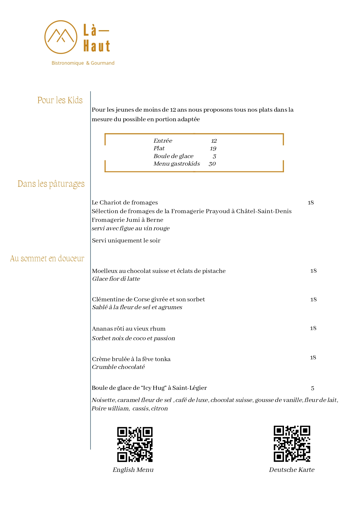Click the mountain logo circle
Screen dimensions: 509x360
(61, 37)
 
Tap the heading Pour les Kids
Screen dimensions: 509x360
(60, 100)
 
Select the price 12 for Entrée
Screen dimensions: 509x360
(214, 141)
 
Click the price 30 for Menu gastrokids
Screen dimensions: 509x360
(212, 164)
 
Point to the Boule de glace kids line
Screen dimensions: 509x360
(173, 156)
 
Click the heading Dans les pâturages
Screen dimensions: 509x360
(51, 184)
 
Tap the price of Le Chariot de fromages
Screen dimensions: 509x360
(311, 203)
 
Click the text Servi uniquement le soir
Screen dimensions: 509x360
(126, 240)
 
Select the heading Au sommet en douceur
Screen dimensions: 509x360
(47, 258)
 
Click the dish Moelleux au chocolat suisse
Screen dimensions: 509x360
(159, 271)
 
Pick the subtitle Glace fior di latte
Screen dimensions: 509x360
(116, 279)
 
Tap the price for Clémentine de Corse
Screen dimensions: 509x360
(313, 300)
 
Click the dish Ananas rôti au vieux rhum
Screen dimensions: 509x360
(129, 329)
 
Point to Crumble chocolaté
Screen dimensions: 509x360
(118, 367)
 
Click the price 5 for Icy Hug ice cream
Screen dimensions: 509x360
(312, 388)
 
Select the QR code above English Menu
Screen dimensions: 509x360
(135, 444)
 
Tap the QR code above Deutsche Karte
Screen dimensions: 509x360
(292, 444)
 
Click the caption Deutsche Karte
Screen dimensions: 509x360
(292, 470)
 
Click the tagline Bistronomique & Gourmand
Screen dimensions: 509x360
(83, 63)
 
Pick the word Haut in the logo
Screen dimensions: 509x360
(97, 46)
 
